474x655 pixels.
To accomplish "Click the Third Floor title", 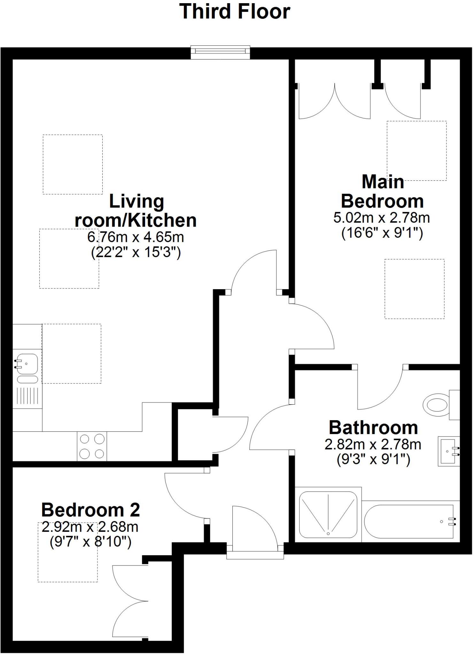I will click(235, 12).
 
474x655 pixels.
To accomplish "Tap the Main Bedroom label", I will click(382, 192).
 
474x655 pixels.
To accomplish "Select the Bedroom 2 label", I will click(90, 510).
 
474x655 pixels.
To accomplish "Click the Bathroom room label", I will click(373, 428).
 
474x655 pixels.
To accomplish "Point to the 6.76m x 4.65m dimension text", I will click(136, 237).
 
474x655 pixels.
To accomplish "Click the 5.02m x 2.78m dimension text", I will click(382, 218).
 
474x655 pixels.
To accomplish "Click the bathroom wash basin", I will click(449, 451).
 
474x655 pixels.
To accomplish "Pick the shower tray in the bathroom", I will click(328, 515).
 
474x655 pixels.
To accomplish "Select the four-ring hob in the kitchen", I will click(92, 446).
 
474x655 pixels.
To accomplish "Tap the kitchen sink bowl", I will click(27, 364).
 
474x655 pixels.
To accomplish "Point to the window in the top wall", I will click(220, 52).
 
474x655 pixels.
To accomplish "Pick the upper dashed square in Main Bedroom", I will click(416, 150).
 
